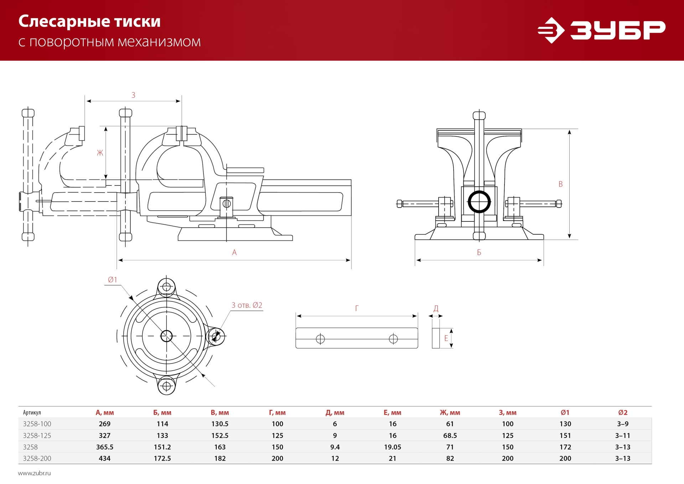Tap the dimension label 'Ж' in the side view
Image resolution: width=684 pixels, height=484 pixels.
pyautogui.click(x=100, y=153)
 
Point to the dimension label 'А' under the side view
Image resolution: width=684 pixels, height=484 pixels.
pyautogui.click(x=234, y=253)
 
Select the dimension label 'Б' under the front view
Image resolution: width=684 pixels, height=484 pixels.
pyautogui.click(x=479, y=253)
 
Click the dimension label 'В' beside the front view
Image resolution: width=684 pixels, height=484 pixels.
pyautogui.click(x=560, y=184)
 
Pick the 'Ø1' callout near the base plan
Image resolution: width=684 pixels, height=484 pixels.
pyautogui.click(x=112, y=280)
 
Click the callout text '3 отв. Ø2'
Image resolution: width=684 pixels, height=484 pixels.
pyautogui.click(x=247, y=305)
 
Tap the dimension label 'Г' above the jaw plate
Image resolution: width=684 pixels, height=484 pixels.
pyautogui.click(x=357, y=309)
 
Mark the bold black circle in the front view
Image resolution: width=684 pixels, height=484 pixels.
pyautogui.click(x=479, y=202)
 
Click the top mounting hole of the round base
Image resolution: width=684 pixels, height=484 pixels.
pyautogui.click(x=166, y=287)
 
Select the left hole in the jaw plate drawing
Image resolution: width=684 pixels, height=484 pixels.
pyautogui.click(x=320, y=339)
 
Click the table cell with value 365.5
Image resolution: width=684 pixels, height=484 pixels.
pyautogui.click(x=104, y=447)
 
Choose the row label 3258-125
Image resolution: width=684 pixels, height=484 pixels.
pyautogui.click(x=37, y=435)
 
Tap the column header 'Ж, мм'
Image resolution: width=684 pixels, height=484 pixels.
pyautogui.click(x=450, y=413)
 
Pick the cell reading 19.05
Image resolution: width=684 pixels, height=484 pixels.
pyautogui.click(x=392, y=447)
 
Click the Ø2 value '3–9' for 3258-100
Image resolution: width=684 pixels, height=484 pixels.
pyautogui.click(x=622, y=424)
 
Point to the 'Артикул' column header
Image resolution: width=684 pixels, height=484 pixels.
pyautogui.click(x=32, y=413)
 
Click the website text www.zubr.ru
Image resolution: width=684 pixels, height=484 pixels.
pyautogui.click(x=34, y=473)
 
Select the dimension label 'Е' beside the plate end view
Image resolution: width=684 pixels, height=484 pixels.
pyautogui.click(x=446, y=338)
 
